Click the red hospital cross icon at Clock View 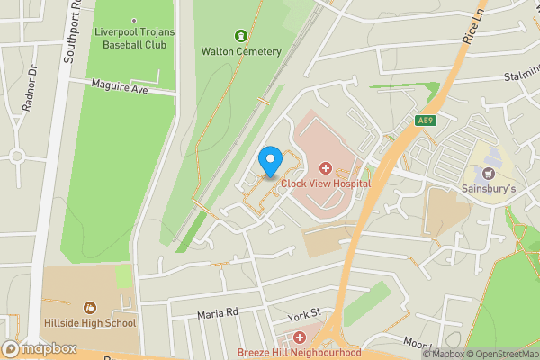tap(325, 167)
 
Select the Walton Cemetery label tap(240, 51)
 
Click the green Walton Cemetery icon tap(240, 36)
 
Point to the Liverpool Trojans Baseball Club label tap(133, 37)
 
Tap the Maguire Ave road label tap(120, 85)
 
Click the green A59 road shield tap(427, 121)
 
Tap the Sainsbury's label tap(490, 189)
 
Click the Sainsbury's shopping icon tap(490, 173)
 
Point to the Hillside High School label tap(90, 323)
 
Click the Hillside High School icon tap(90, 308)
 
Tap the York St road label tap(304, 314)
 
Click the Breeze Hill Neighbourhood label tap(300, 353)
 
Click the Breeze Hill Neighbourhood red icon tap(300, 338)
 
